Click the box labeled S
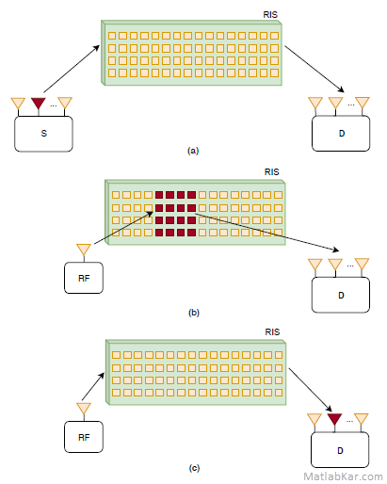(43, 134)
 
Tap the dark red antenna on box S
(39, 103)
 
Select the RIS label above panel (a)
(270, 15)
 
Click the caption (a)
(193, 151)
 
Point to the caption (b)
(194, 313)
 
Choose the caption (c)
(194, 468)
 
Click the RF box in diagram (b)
(84, 278)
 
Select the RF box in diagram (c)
(84, 437)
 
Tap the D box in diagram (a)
(341, 134)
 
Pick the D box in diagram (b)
(341, 295)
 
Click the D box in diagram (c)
(340, 450)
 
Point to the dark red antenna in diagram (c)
(334, 419)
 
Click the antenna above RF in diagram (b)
(84, 250)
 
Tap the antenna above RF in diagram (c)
(84, 409)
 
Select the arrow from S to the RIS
(72, 69)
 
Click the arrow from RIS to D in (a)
(314, 69)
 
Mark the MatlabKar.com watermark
(343, 476)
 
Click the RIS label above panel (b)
(271, 172)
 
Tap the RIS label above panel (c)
(272, 332)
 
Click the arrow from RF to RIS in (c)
(93, 387)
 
